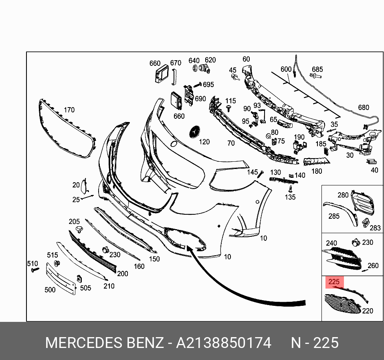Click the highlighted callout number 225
(x=335, y=282)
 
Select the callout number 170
(x=69, y=110)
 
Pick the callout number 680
(x=363, y=108)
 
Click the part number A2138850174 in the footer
(x=224, y=343)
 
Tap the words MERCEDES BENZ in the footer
(x=105, y=343)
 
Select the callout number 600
(x=286, y=69)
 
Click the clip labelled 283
(x=366, y=222)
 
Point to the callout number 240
(x=331, y=243)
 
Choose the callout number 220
(x=367, y=311)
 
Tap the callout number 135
(x=290, y=197)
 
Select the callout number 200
(x=123, y=274)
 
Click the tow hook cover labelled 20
(x=84, y=186)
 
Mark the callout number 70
(x=231, y=143)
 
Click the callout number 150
(x=154, y=259)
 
